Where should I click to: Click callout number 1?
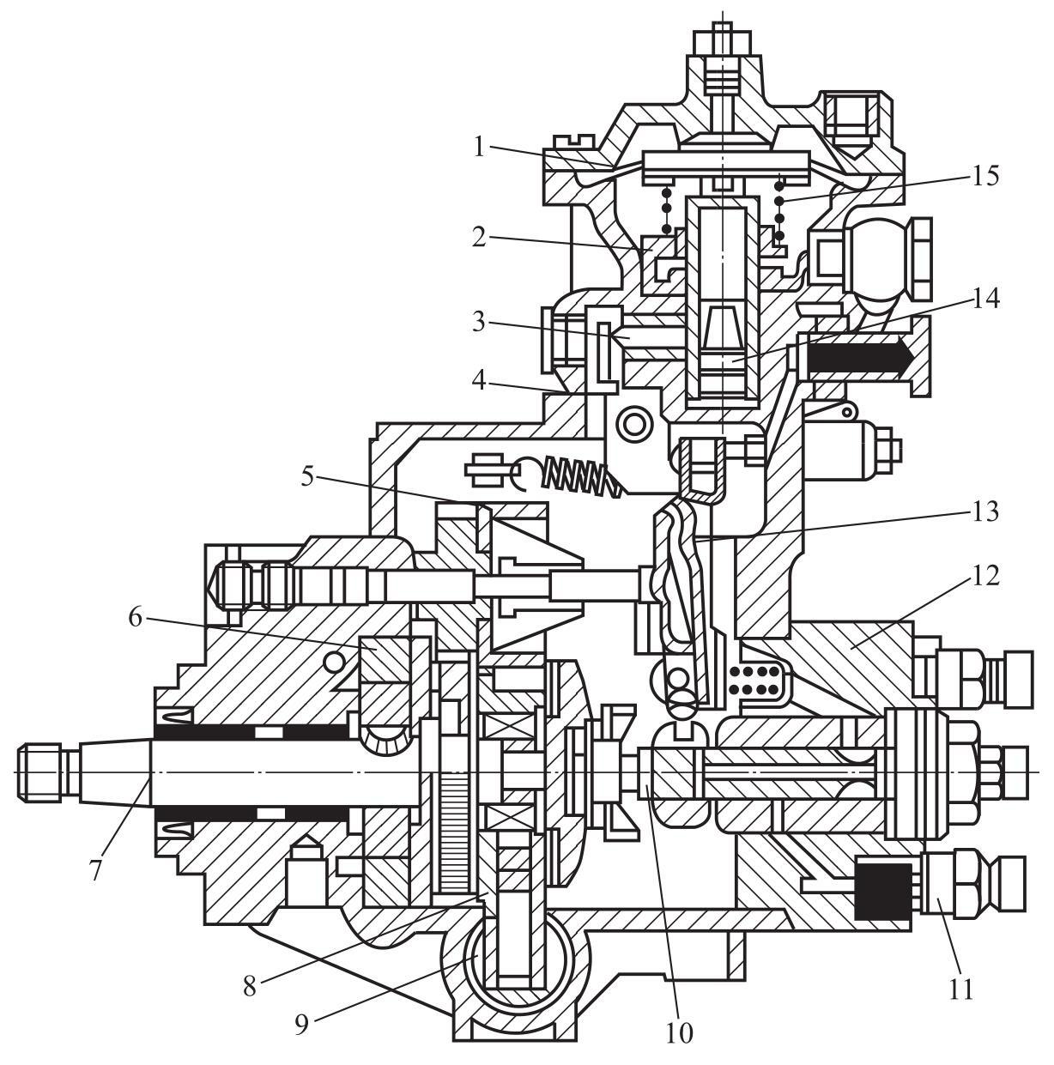pyautogui.click(x=480, y=148)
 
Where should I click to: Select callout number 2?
pyautogui.click(x=480, y=237)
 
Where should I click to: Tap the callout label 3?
pyautogui.click(x=479, y=322)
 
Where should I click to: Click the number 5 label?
pyautogui.click(x=308, y=476)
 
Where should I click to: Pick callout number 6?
pyautogui.click(x=136, y=617)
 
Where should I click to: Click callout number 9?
pyautogui.click(x=301, y=1024)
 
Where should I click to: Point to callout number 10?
pyautogui.click(x=679, y=1032)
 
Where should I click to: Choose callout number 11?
pyautogui.click(x=961, y=989)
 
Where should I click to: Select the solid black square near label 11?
pyautogui.click(x=883, y=892)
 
